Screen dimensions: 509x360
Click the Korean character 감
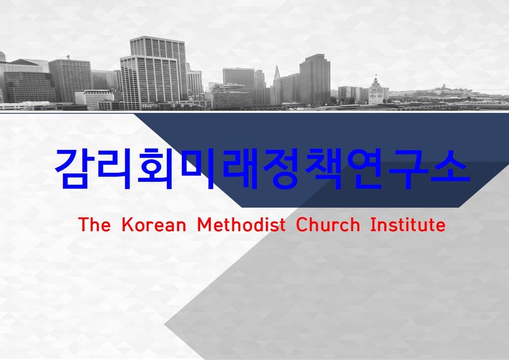73,168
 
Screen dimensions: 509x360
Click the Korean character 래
240,168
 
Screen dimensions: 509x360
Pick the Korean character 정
282,168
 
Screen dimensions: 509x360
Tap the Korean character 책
324,168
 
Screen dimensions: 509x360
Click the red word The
94,224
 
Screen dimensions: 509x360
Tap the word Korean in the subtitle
154,224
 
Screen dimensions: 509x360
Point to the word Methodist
241,224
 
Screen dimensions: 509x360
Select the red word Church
328,224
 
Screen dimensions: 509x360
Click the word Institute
408,224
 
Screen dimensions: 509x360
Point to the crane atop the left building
68,57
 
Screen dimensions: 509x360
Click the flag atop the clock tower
376,75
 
